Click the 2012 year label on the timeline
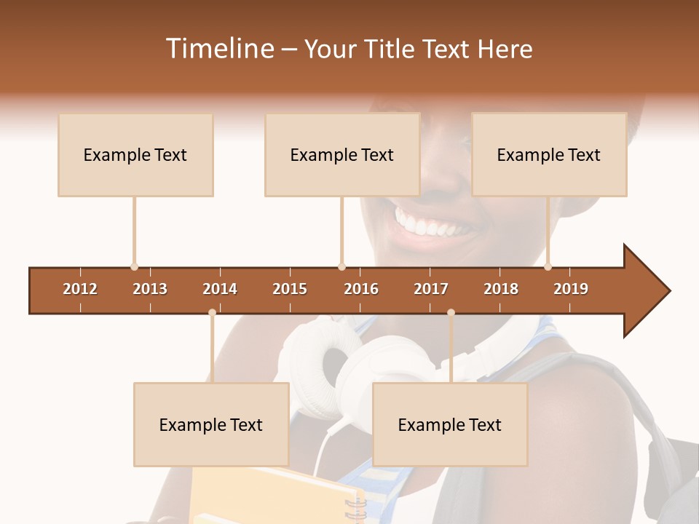pos(80,289)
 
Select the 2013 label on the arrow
pos(150,289)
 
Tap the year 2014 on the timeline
pos(220,289)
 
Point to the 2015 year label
pos(290,289)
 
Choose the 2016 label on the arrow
pos(361,289)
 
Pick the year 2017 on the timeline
pos(431,289)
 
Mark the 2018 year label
pos(501,289)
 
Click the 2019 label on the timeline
pos(571,289)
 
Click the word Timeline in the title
pos(218,49)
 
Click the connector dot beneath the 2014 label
pos(212,313)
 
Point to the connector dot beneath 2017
pos(451,313)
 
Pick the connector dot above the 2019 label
pos(548,266)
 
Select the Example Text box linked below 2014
pos(211,424)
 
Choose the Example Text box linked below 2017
pos(450,424)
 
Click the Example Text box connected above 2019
pos(549,154)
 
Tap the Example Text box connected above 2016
pos(342,154)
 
